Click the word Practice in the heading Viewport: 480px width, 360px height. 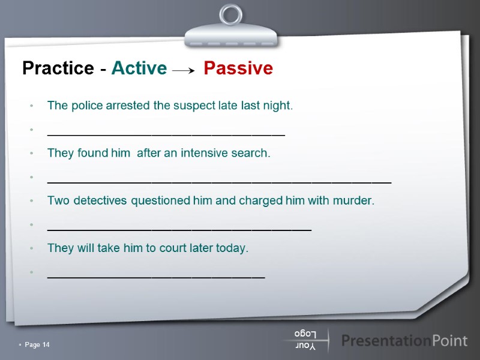coord(58,68)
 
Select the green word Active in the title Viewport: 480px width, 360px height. coord(139,68)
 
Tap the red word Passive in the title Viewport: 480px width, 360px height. coord(238,68)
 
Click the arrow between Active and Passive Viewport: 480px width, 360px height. coord(184,71)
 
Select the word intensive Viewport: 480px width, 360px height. coord(208,153)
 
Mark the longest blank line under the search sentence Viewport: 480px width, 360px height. coord(219,181)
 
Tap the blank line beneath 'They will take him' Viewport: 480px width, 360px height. coord(155,276)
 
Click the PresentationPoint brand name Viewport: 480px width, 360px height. coord(404,341)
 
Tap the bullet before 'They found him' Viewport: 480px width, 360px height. coord(31,154)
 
